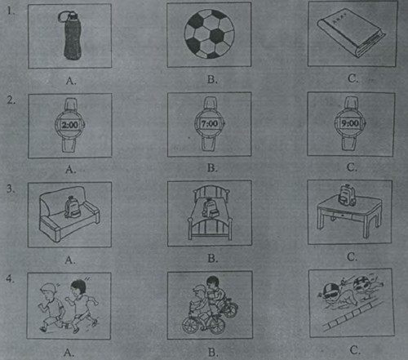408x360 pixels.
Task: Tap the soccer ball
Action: coord(209,34)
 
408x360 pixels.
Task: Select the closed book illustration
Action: coord(352,33)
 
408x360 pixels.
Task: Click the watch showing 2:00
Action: coord(70,125)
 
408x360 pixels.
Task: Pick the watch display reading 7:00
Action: coord(210,124)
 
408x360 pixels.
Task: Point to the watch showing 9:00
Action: coord(350,123)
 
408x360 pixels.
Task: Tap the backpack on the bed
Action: coord(211,209)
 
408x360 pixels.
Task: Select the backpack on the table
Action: coord(347,195)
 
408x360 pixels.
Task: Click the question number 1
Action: coord(11,11)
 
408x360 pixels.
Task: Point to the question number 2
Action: coord(11,100)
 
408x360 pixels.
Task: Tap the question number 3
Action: coord(11,189)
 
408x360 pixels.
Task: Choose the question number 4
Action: coord(10,278)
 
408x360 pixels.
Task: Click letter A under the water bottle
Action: coord(71,81)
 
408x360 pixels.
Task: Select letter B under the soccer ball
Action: coord(212,79)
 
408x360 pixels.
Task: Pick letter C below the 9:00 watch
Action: coord(352,167)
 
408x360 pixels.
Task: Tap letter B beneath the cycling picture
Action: coord(212,353)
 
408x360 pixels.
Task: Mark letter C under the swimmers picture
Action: coord(354,350)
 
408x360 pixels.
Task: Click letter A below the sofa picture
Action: coord(70,260)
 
